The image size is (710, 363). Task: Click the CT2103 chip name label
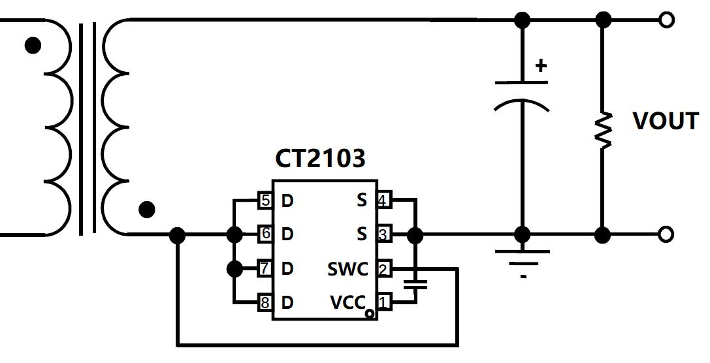319,159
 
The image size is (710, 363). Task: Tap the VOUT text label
665,121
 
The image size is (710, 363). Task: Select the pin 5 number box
265,200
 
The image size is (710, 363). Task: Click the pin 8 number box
265,302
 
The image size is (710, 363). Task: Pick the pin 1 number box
384,302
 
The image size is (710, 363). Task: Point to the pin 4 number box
384,200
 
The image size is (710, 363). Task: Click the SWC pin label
347,269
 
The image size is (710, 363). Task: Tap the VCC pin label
347,302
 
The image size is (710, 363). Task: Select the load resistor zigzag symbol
603,131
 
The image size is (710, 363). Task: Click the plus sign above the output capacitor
541,66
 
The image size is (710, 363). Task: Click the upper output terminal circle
666,20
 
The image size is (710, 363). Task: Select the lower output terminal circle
666,234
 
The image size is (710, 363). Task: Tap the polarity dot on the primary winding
33,45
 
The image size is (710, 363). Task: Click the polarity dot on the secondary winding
146,210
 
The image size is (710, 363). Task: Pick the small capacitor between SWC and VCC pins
415,285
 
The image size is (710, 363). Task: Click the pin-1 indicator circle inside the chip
370,313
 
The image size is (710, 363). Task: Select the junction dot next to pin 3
415,235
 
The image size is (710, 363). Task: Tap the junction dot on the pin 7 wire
234,269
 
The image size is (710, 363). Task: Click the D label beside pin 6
287,234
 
